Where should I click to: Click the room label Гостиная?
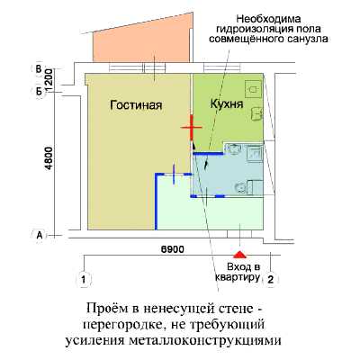[136, 105]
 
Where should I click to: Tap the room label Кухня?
[227, 104]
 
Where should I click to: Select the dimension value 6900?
[172, 249]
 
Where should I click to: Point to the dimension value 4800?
[49, 158]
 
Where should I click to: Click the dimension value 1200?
[49, 80]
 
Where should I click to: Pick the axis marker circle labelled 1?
[84, 280]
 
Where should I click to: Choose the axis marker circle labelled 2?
[271, 280]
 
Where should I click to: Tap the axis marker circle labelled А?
[40, 236]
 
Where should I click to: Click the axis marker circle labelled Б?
[39, 91]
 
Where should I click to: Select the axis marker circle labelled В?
[39, 69]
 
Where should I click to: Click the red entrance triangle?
[239, 255]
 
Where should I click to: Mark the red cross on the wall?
[192, 128]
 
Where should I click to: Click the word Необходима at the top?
[269, 19]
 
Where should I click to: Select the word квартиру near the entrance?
[237, 277]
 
